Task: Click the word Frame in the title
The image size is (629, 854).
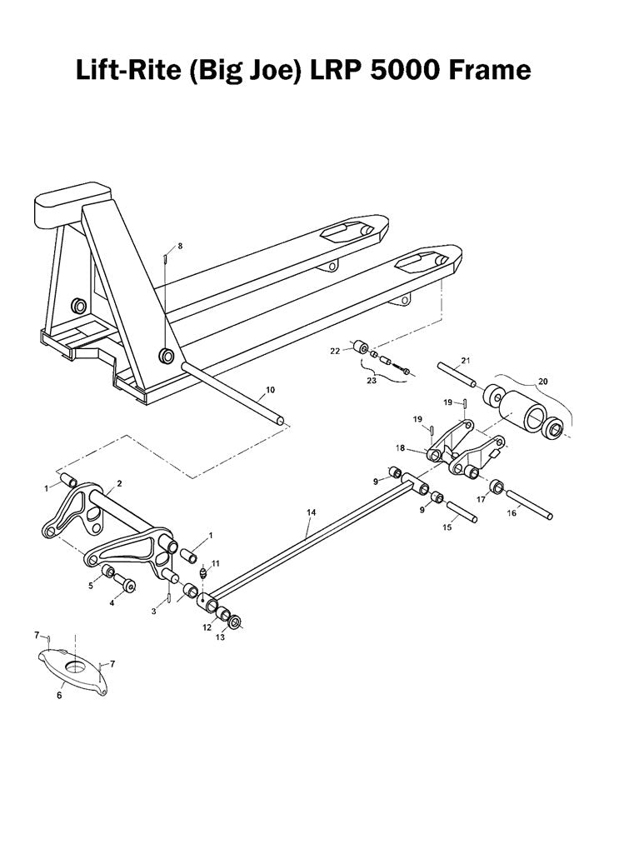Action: [488, 69]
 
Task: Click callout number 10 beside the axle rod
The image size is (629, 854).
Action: [269, 389]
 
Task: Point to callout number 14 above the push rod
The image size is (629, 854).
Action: [312, 512]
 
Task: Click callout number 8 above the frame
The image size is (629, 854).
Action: [179, 246]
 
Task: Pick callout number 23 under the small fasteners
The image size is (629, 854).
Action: [371, 381]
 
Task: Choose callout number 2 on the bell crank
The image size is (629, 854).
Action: [119, 482]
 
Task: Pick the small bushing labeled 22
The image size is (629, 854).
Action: [362, 347]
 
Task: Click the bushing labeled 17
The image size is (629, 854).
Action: [497, 485]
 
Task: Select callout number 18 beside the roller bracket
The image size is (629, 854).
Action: [401, 448]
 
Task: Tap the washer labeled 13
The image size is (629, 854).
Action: [235, 622]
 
